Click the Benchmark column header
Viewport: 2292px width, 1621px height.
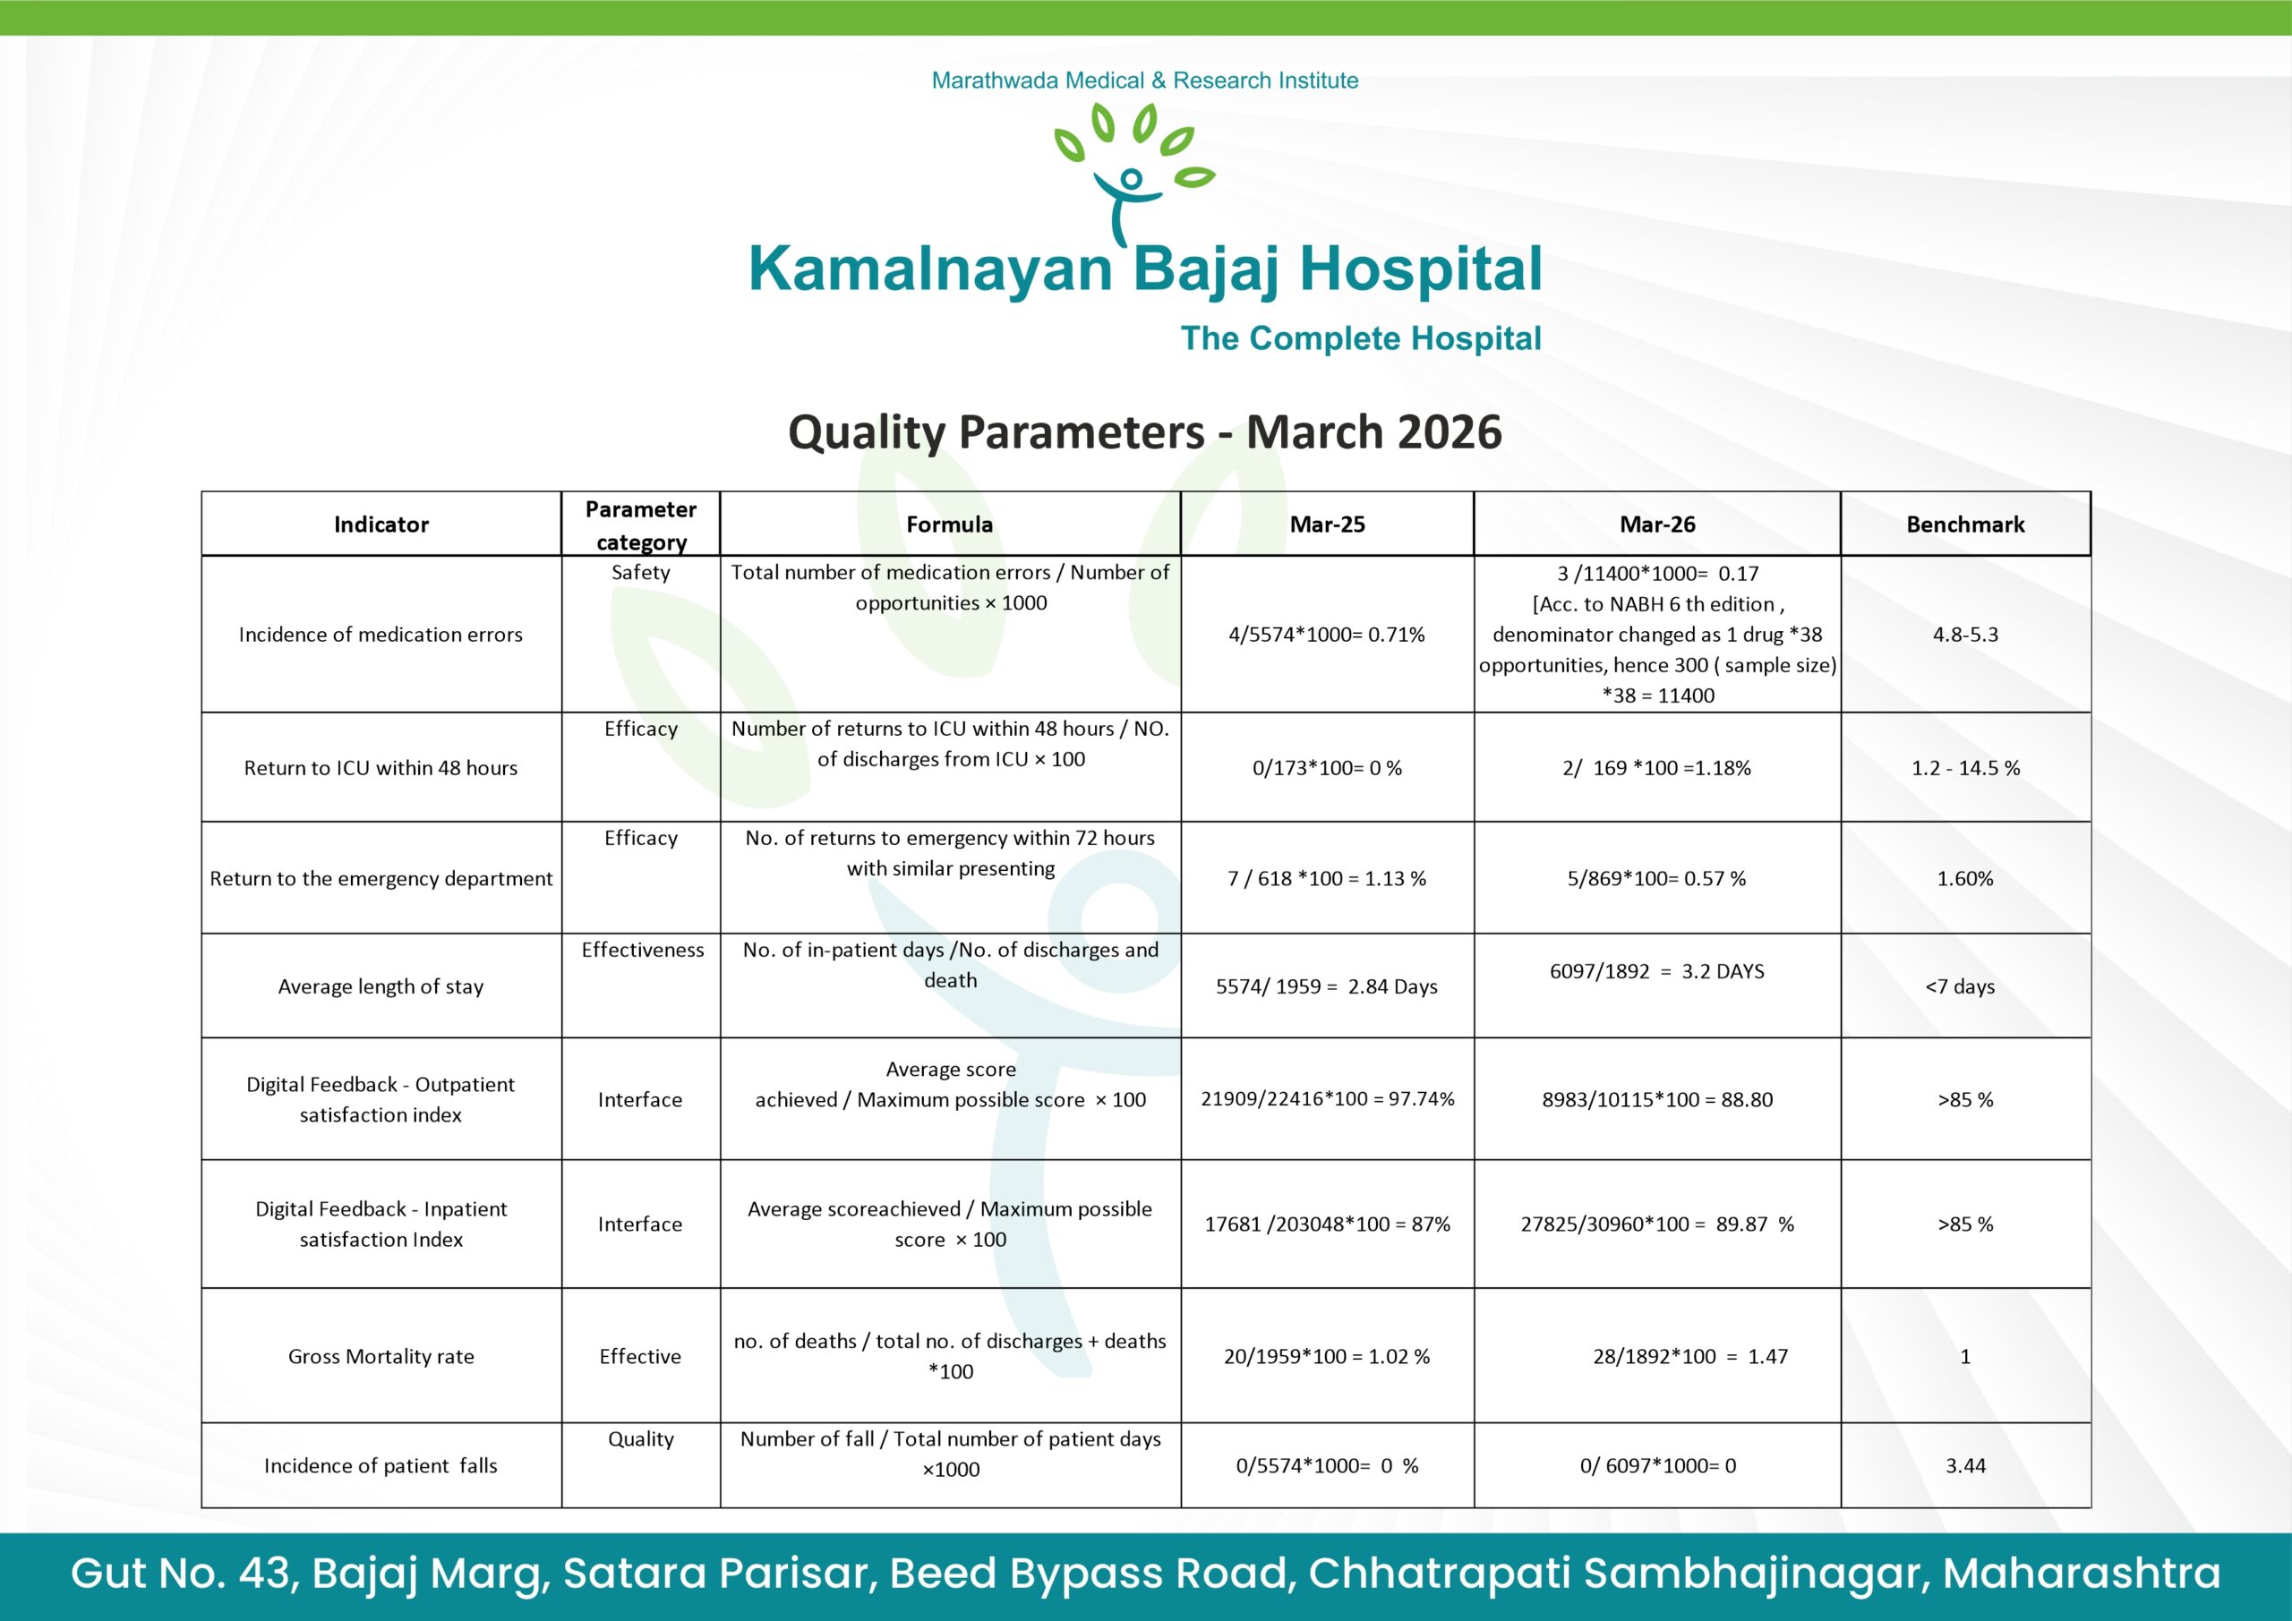(1964, 524)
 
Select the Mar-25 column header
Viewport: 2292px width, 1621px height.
(1327, 524)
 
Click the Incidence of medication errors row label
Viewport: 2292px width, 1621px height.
(381, 634)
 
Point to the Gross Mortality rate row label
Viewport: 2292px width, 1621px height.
(381, 1355)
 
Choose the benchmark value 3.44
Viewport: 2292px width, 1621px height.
(1964, 1465)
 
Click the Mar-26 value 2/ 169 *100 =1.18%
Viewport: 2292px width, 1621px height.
(1656, 768)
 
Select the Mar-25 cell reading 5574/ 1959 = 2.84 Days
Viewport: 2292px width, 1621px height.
(1326, 986)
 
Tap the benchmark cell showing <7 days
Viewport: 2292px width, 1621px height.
(1959, 986)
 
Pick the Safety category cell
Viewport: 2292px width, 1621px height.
(640, 572)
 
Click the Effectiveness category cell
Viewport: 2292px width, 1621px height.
(642, 950)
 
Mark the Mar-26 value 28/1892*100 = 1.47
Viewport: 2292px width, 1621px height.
(1689, 1355)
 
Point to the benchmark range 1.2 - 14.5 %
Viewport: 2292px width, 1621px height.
(1964, 768)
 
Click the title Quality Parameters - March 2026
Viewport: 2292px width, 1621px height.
(1144, 432)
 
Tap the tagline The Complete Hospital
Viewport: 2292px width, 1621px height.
(1361, 338)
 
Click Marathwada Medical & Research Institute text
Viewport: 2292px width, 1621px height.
(1144, 80)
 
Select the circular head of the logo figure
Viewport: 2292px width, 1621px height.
(1130, 180)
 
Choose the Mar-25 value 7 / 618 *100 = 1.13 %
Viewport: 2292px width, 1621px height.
(1326, 878)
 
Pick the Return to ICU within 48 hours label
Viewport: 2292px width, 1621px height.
(381, 768)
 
